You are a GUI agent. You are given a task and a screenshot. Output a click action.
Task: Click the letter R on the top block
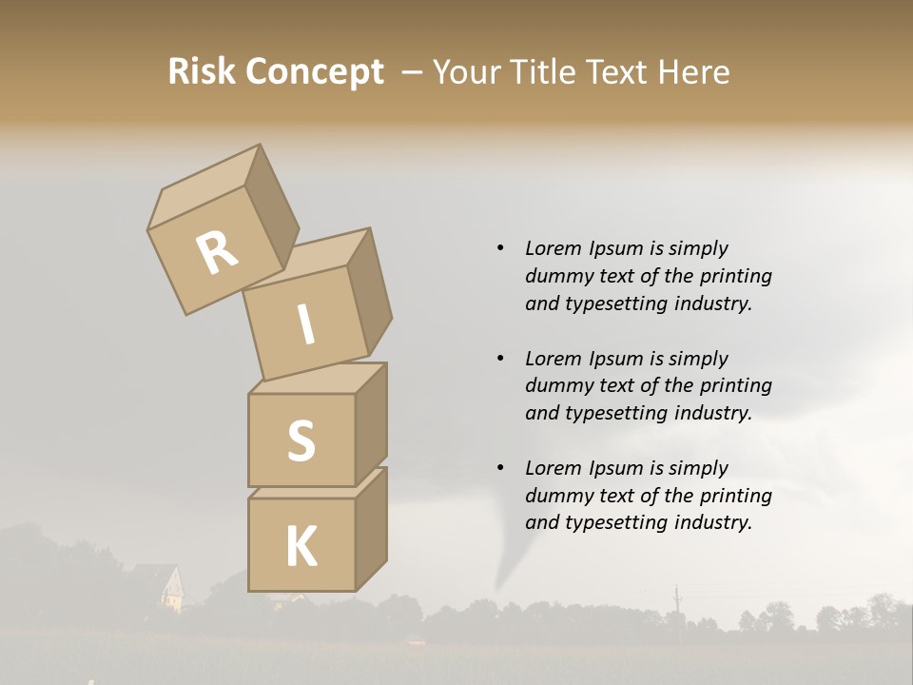[218, 254]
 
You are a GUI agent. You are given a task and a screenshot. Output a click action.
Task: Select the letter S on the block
[301, 441]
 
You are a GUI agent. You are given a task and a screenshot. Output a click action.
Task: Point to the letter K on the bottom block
[301, 547]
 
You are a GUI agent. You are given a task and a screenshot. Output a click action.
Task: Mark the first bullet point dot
[500, 249]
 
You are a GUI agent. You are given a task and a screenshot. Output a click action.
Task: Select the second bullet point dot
[500, 359]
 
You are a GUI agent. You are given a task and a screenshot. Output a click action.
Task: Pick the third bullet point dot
[500, 468]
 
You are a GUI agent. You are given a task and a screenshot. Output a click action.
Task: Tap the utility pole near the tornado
[677, 603]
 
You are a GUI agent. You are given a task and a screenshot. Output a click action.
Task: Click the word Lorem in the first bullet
[554, 249]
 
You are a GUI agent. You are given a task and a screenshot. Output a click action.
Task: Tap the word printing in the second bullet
[735, 386]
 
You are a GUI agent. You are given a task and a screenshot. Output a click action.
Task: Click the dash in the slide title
[413, 71]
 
